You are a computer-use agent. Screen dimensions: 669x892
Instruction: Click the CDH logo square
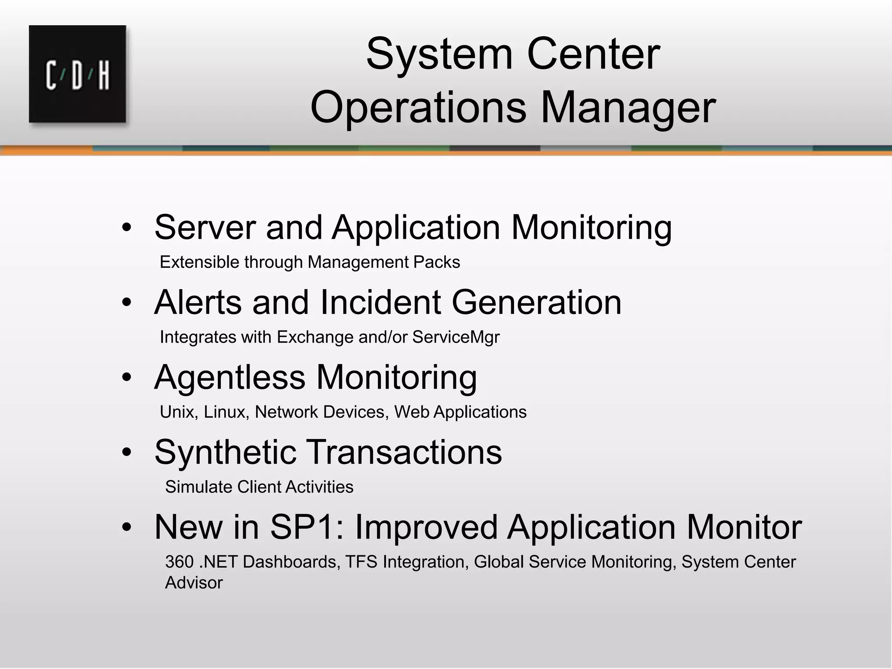pyautogui.click(x=78, y=74)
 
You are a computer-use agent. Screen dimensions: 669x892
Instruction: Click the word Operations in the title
pyautogui.click(x=418, y=107)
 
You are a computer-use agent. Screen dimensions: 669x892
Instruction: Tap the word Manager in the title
pyautogui.click(x=628, y=107)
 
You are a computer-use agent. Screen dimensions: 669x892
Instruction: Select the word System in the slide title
pyautogui.click(x=439, y=55)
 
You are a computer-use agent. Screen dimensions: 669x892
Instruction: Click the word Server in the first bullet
pyautogui.click(x=205, y=227)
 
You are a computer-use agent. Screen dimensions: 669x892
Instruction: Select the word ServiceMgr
pyautogui.click(x=456, y=337)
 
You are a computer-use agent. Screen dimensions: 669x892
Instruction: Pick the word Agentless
pyautogui.click(x=230, y=377)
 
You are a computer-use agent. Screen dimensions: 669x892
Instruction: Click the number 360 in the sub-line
pyautogui.click(x=179, y=562)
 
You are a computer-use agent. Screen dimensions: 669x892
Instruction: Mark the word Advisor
pyautogui.click(x=194, y=583)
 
